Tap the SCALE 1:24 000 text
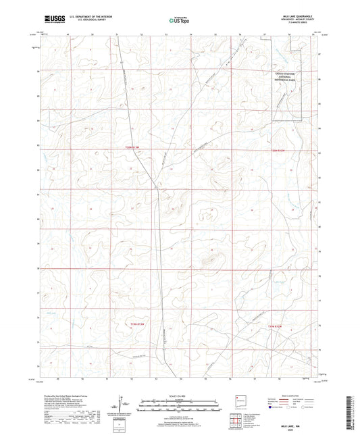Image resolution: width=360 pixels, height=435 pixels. pyautogui.click(x=180, y=396)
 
